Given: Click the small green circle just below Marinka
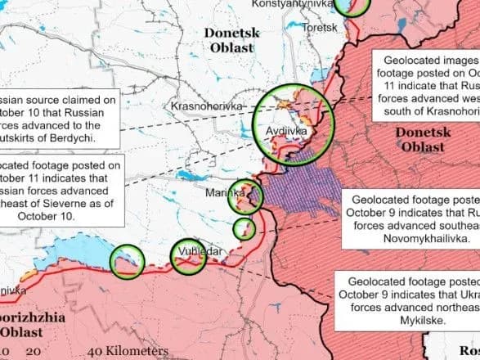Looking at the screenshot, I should [x=244, y=227].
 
